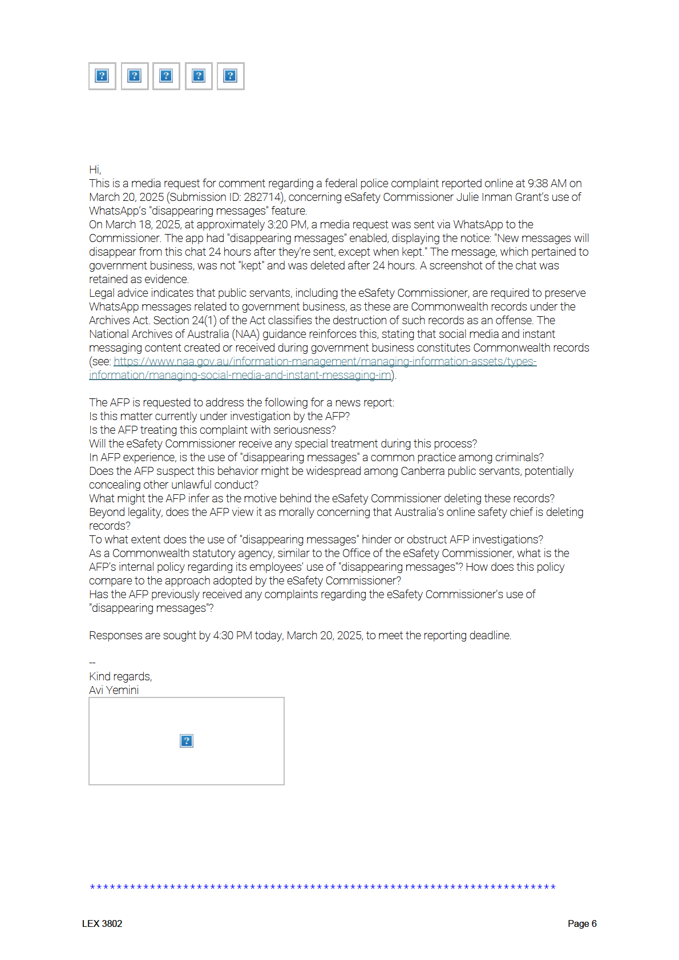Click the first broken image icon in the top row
coord(102,76)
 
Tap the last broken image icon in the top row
coord(230,76)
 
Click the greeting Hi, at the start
coord(95,170)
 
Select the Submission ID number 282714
coord(263,197)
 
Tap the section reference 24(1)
coord(204,320)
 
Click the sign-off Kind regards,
coord(120,676)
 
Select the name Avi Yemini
coord(114,690)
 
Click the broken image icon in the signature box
coord(187,741)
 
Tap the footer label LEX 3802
coord(102,923)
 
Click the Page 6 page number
coord(581,923)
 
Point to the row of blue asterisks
coord(322,887)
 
